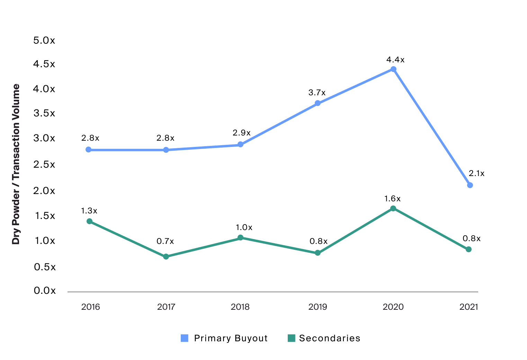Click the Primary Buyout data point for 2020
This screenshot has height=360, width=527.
[393, 69]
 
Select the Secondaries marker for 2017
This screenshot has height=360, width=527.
[166, 257]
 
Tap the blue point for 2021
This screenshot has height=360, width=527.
[470, 185]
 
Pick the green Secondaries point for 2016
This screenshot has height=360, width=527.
[89, 221]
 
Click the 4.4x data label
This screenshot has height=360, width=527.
[395, 60]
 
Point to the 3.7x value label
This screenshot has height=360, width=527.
[317, 93]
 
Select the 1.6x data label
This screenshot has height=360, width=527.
[392, 199]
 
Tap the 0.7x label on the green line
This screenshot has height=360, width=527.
[165, 241]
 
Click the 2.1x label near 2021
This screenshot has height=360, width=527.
[476, 173]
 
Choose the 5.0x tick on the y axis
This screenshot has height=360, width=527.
[44, 41]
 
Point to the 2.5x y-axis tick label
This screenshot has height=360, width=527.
[44, 164]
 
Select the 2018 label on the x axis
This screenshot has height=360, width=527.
[240, 307]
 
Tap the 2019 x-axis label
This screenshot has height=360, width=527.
[318, 307]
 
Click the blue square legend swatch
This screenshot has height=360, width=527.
[185, 338]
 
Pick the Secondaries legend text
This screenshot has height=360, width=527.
[330, 338]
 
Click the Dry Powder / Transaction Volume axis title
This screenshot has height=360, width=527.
[16, 164]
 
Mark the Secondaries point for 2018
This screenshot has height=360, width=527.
[240, 238]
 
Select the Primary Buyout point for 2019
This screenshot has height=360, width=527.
[318, 103]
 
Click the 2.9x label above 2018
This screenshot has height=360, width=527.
[241, 133]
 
